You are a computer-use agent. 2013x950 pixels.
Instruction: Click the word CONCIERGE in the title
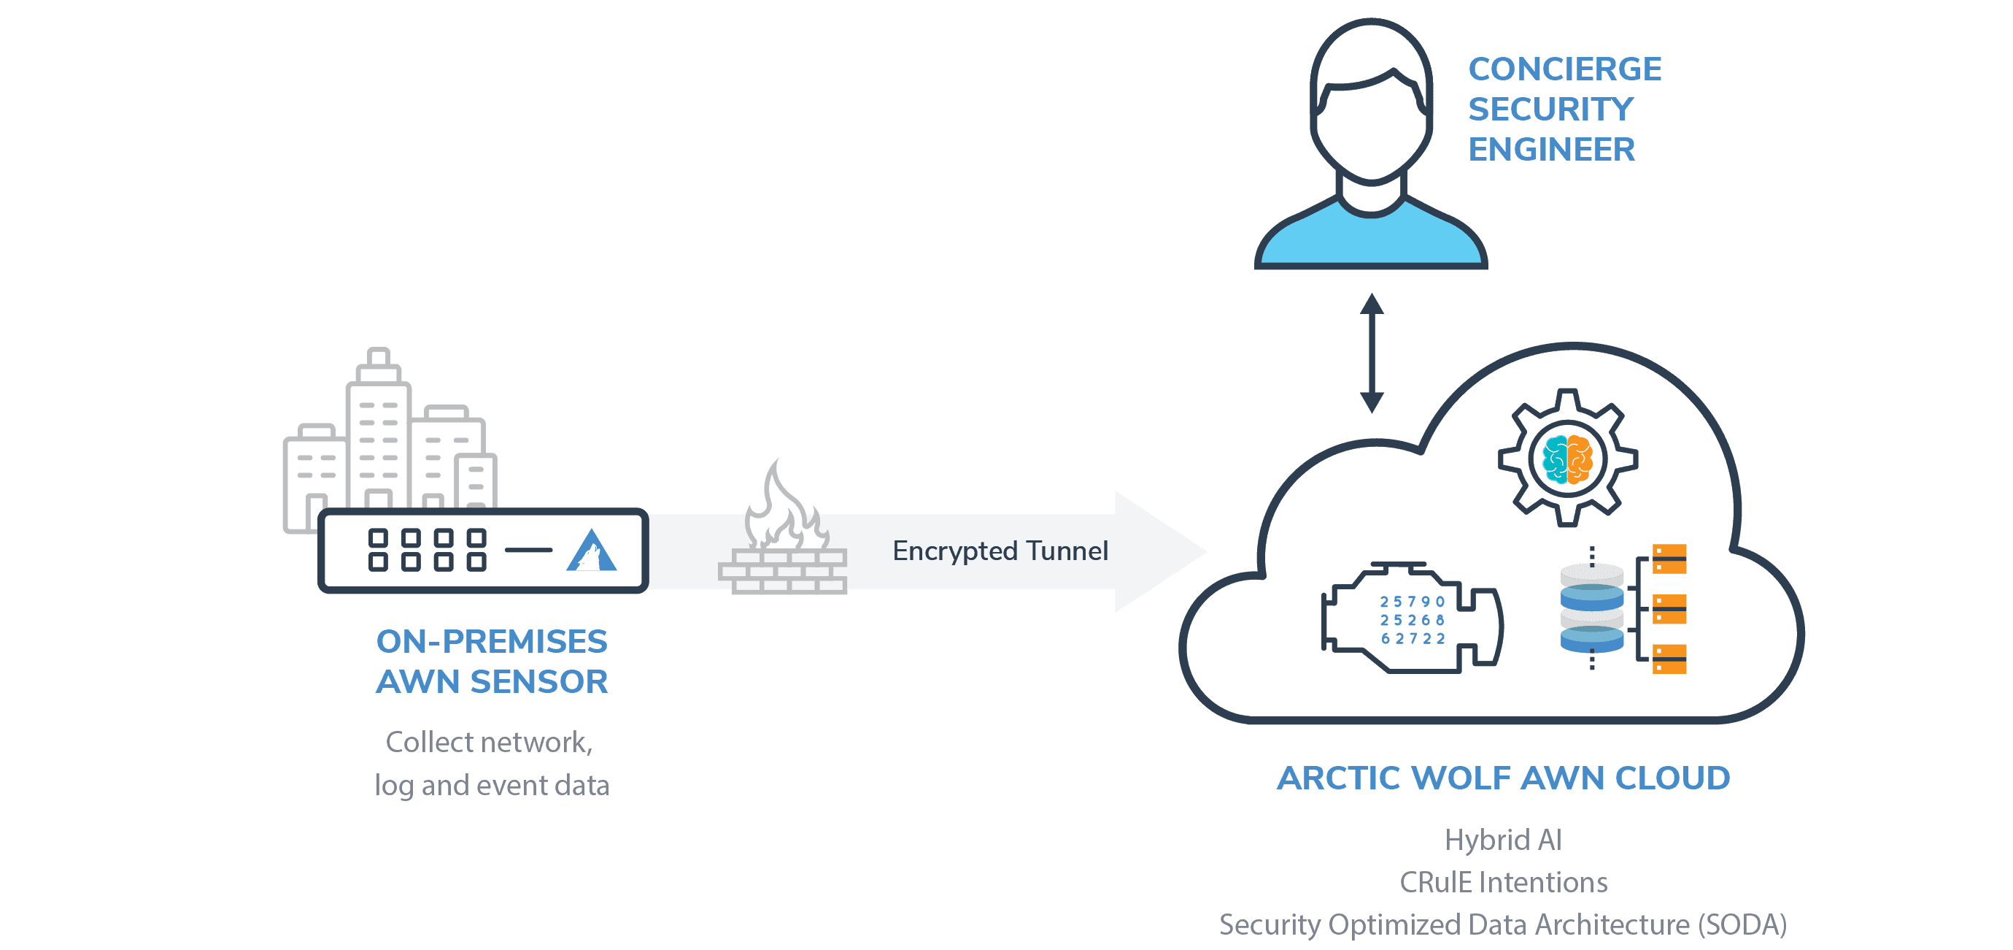click(1564, 69)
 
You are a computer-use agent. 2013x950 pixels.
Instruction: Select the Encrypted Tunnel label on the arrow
click(1000, 551)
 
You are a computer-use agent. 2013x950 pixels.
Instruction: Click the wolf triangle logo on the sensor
click(591, 552)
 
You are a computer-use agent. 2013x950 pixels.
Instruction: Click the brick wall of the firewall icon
click(782, 572)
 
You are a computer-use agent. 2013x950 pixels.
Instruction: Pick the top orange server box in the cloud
click(1669, 559)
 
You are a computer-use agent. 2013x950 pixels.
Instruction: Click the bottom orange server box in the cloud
click(1669, 659)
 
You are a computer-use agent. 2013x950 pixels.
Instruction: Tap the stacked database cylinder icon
click(1591, 608)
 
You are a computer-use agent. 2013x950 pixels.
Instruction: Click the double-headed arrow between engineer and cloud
click(1372, 353)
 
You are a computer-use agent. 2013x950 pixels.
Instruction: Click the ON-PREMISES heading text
click(491, 641)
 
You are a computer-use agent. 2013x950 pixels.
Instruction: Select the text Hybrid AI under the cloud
click(1502, 840)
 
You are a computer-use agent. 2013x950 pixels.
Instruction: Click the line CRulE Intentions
click(1502, 882)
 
